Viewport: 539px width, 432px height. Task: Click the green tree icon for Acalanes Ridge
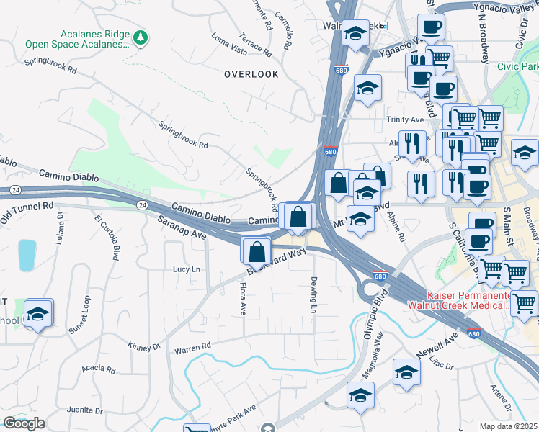(x=142, y=36)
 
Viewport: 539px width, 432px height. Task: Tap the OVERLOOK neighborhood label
(x=251, y=74)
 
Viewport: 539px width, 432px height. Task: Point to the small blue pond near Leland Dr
(x=27, y=254)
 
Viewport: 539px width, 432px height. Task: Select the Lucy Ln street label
(x=186, y=269)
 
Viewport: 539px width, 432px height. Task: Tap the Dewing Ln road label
(x=313, y=294)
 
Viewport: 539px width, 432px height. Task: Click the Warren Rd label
(x=192, y=348)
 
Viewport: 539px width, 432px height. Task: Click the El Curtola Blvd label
(x=107, y=237)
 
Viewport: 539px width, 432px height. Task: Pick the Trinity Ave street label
(x=405, y=120)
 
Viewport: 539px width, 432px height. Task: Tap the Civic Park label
(x=517, y=66)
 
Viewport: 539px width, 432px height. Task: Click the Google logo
(x=24, y=423)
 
